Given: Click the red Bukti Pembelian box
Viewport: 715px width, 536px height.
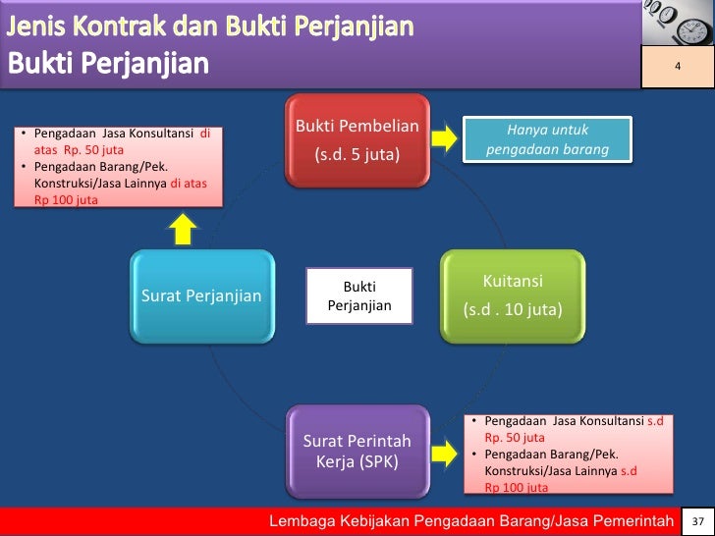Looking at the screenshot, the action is pos(357,140).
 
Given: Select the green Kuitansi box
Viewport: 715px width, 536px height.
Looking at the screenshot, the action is pos(512,295).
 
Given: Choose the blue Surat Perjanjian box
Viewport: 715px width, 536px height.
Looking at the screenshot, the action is pos(202,295).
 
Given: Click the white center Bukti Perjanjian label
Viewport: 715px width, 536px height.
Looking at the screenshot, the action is pos(358,295).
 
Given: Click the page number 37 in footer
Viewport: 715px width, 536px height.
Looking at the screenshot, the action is pos(698,520).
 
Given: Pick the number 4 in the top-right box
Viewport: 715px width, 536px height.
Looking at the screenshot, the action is pos(677,66).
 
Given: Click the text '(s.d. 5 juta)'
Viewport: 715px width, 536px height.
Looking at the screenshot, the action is pos(357,155).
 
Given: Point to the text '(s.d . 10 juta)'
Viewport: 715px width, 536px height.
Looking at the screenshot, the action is pos(512,310).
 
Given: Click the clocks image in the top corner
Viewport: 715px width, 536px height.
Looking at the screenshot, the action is pos(677,22).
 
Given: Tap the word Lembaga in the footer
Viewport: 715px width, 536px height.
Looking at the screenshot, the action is pos(308,520).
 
